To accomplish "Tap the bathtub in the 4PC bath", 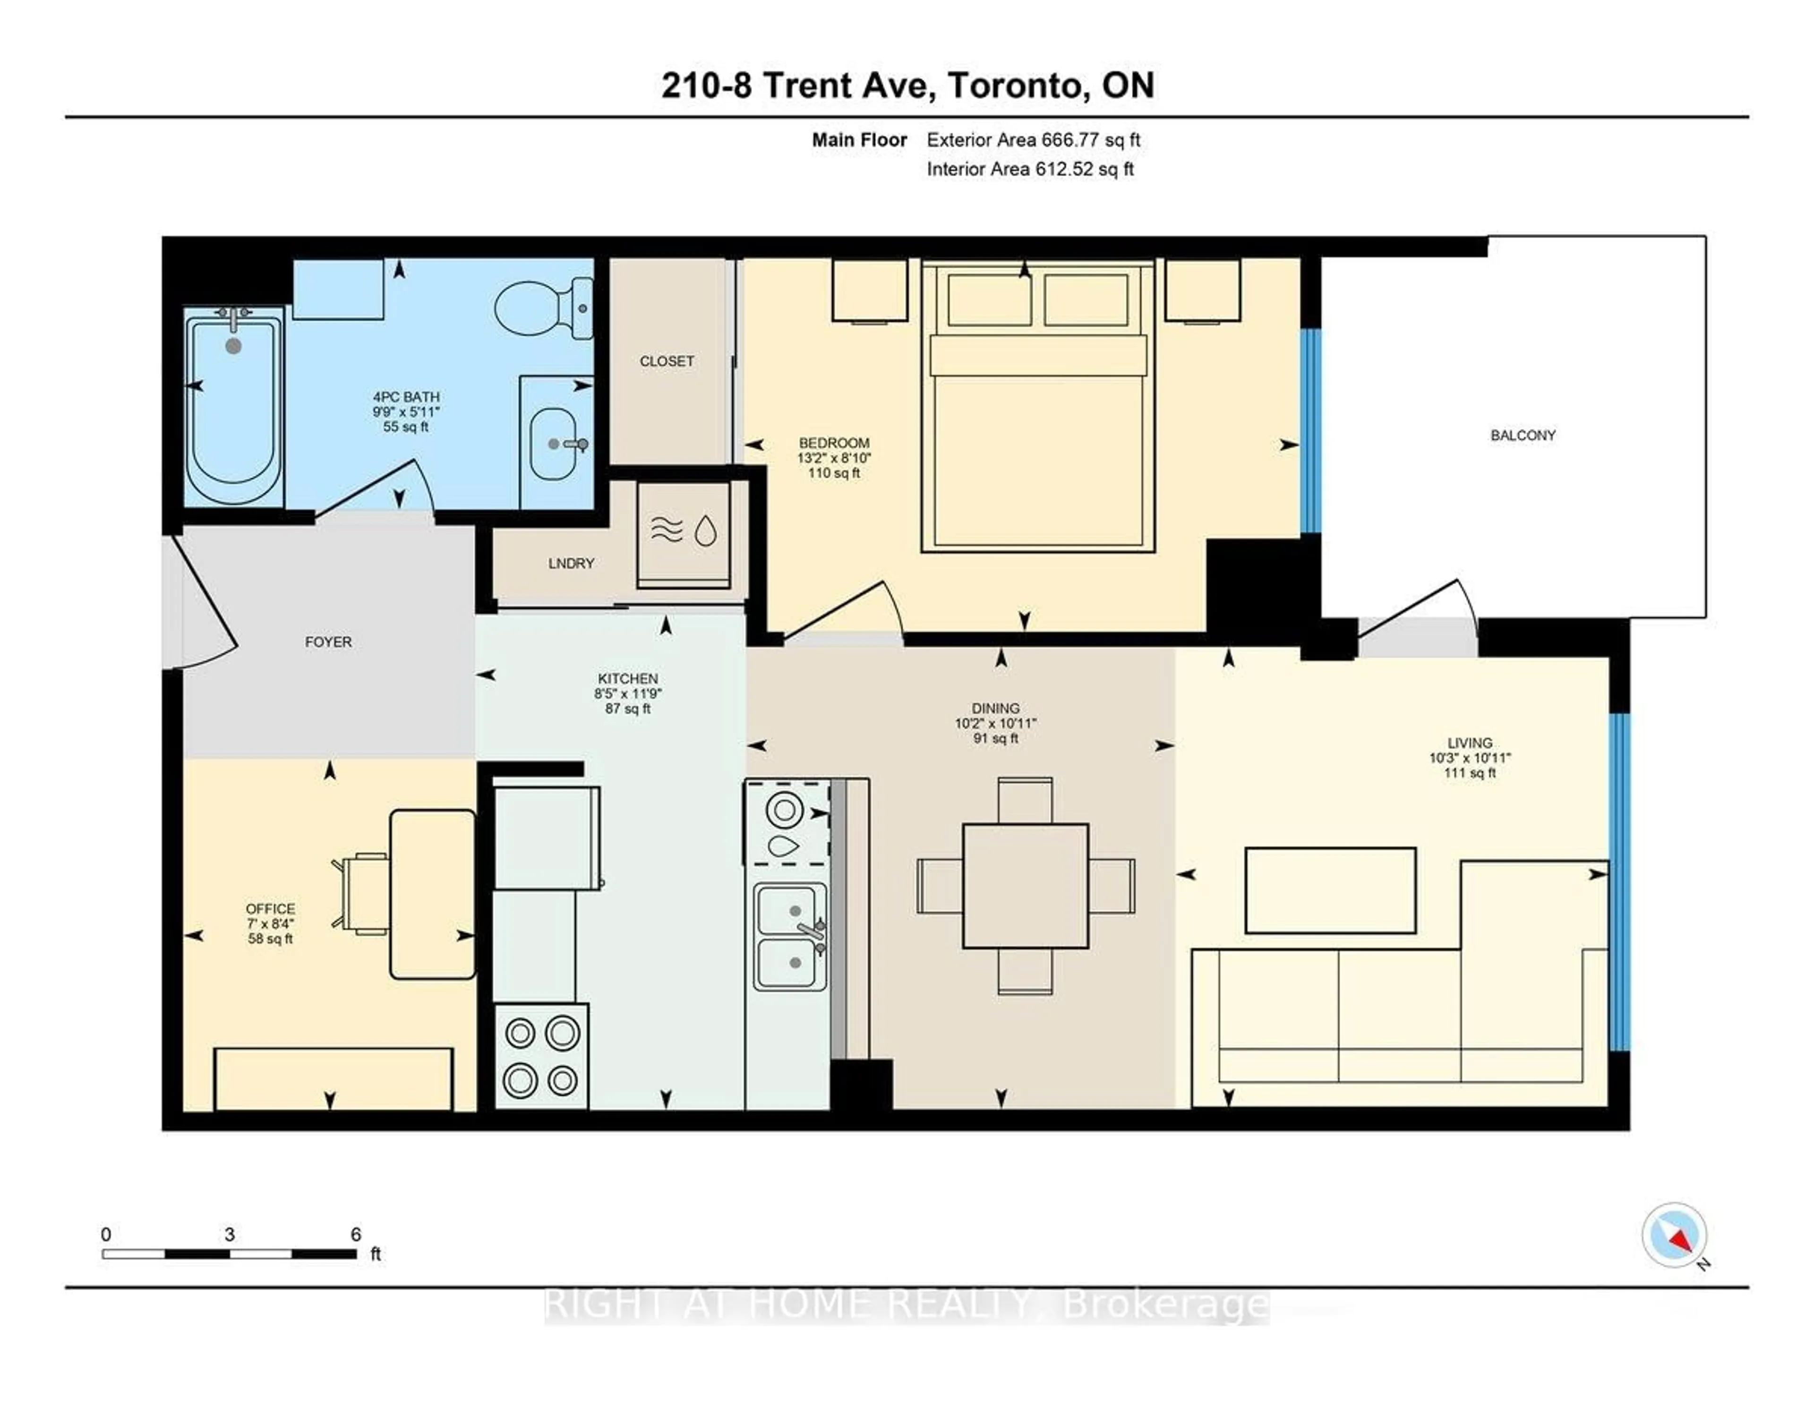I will click(x=233, y=406).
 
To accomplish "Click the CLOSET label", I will click(x=666, y=361).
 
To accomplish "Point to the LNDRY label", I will click(x=571, y=563).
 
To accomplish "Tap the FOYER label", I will click(x=328, y=642).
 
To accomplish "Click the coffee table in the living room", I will click(x=1330, y=890).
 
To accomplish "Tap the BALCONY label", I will click(x=1523, y=435).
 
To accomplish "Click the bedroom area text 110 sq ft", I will click(x=833, y=473).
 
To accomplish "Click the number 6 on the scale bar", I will click(x=356, y=1235).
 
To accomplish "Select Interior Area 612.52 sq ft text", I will click(x=1030, y=170).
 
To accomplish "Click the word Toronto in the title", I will click(x=1017, y=85).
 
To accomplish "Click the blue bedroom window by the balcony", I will click(x=1310, y=430).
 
